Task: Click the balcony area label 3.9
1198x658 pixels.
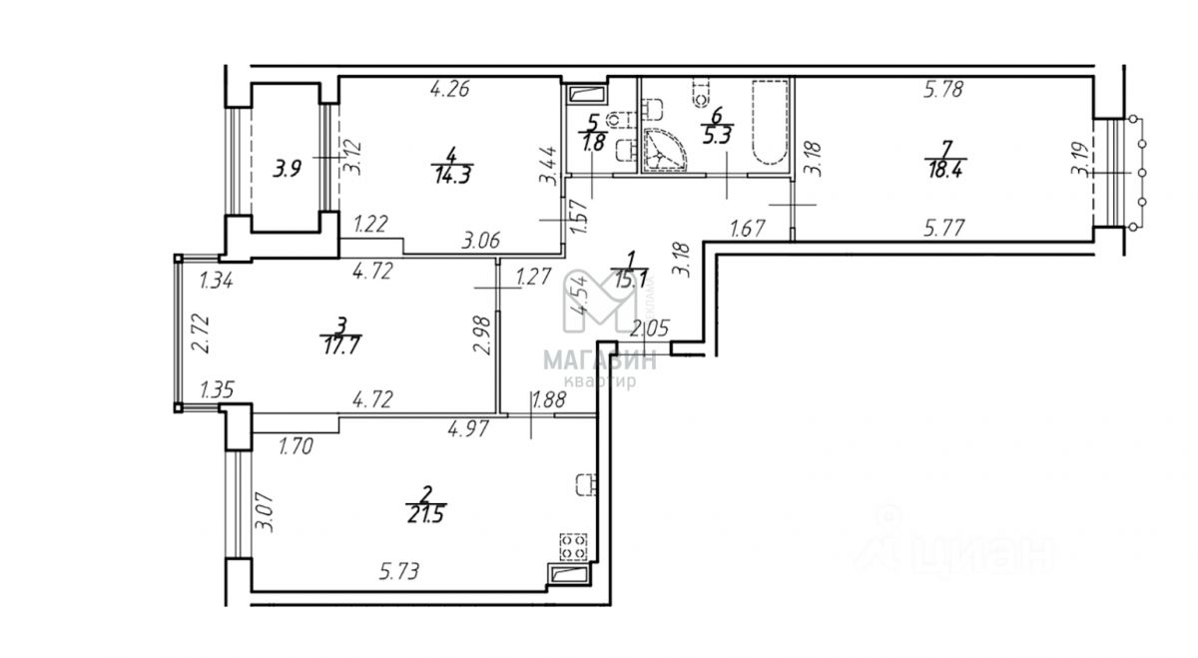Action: tap(289, 169)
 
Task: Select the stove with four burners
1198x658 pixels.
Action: tap(573, 547)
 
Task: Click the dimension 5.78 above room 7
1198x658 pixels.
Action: tap(943, 90)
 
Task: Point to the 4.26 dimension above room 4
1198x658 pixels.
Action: tap(449, 89)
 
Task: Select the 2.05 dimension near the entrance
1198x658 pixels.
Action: tap(648, 327)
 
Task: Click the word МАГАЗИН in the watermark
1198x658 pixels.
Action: tap(599, 360)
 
